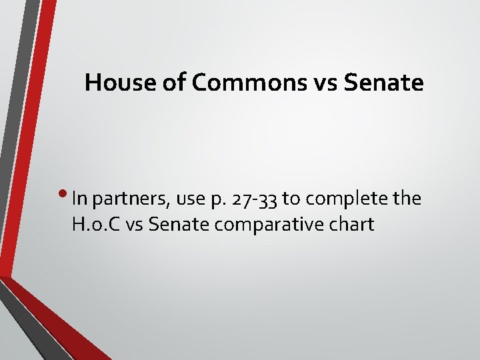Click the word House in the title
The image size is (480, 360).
pyautogui.click(x=114, y=83)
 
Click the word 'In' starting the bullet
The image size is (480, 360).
pyautogui.click(x=79, y=199)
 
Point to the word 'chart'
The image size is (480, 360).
pyautogui.click(x=351, y=225)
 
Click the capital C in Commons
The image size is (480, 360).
pyautogui.click(x=199, y=83)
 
